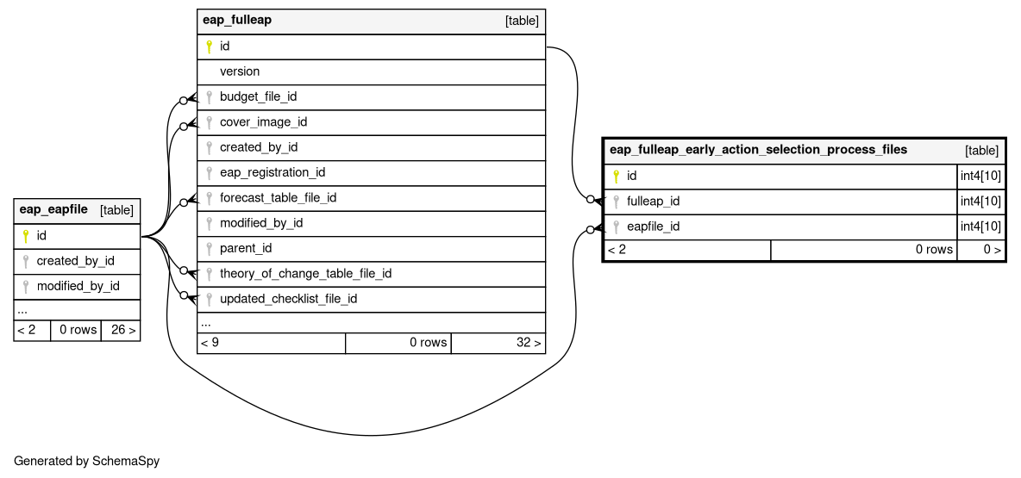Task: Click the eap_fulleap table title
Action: point(237,20)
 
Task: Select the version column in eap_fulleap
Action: point(240,71)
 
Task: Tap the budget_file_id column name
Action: point(259,97)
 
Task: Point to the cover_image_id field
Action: point(264,122)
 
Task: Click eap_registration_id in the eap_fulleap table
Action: point(272,173)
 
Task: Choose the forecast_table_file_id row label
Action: point(278,198)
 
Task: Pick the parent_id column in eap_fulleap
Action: point(246,248)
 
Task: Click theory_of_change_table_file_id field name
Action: point(306,274)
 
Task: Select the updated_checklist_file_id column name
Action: point(289,299)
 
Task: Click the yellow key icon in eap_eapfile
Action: point(26,236)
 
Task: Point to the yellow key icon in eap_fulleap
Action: point(209,47)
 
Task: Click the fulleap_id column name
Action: point(653,202)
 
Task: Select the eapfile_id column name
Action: point(654,227)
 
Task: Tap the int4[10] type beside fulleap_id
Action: point(980,202)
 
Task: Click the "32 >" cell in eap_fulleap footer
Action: point(498,343)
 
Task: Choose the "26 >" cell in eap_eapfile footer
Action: point(121,331)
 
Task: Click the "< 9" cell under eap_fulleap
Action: point(272,343)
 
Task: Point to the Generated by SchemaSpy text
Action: point(86,461)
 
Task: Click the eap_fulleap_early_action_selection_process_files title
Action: point(758,150)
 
